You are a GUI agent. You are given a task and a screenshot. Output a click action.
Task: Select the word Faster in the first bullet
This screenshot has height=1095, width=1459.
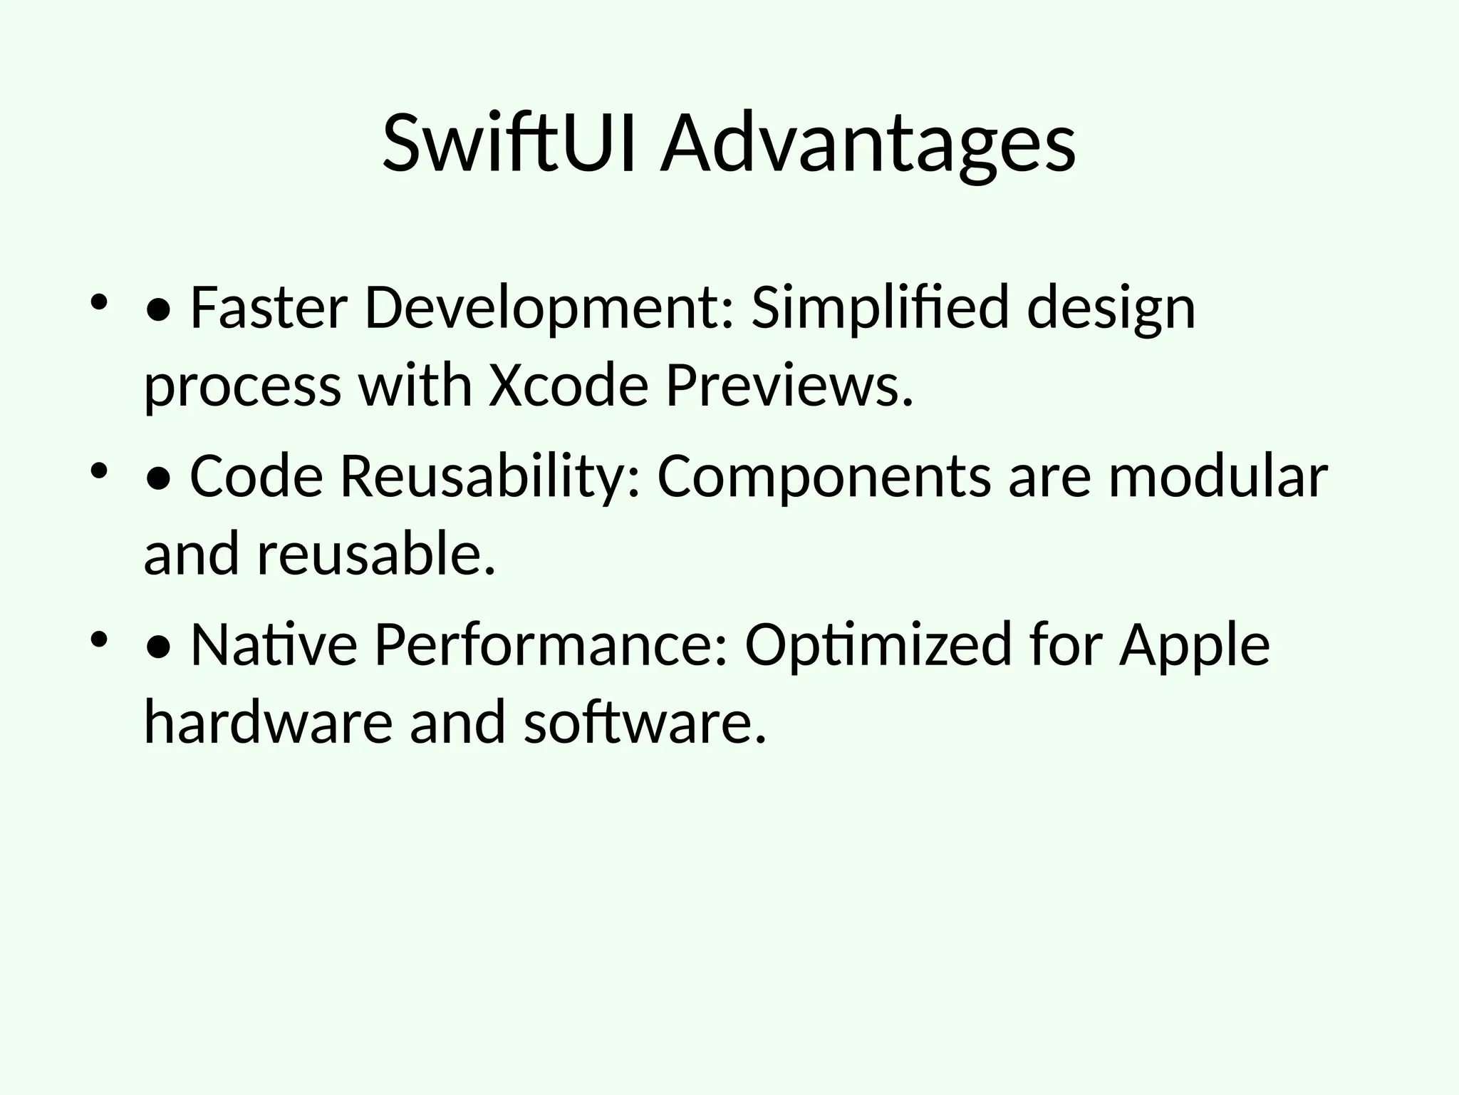coord(269,308)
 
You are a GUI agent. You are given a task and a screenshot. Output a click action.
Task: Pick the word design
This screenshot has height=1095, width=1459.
coord(1111,308)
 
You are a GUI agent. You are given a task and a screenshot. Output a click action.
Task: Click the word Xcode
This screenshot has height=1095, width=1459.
coord(568,386)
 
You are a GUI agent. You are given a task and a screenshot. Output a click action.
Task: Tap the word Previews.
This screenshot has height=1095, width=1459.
coord(789,386)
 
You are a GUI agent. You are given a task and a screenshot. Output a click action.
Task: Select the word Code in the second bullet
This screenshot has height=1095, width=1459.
coord(256,476)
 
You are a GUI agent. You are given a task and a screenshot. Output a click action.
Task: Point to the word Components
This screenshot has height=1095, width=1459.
coord(823,476)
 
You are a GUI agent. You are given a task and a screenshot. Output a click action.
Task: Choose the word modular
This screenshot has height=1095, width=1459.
coord(1217,476)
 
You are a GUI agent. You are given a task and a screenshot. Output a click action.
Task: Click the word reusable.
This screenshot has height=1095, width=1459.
coord(375,554)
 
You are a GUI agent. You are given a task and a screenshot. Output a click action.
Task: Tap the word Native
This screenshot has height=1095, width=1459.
coord(274,644)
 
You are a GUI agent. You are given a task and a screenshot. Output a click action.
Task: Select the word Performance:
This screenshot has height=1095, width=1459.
coord(551,644)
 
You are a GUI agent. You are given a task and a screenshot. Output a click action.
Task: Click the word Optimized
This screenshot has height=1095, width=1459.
coord(878,644)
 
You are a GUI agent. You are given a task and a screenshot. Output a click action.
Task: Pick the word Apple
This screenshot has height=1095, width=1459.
coord(1194,644)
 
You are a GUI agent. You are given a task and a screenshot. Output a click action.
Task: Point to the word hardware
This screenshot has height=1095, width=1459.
coord(268,722)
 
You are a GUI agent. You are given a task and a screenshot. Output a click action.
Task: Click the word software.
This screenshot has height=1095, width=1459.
coord(645,722)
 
